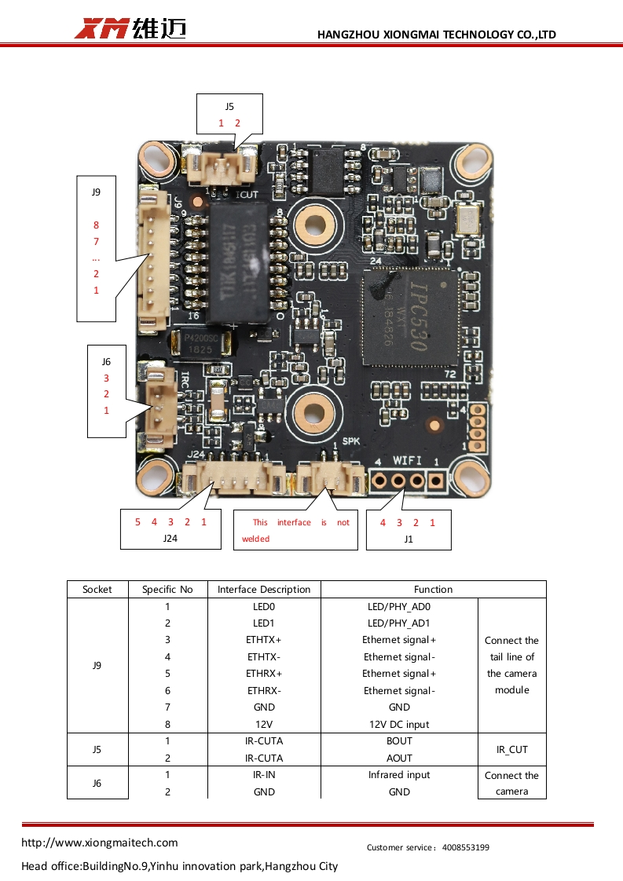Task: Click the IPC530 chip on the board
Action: (x=409, y=316)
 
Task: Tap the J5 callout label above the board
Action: (x=229, y=106)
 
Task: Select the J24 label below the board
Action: (x=171, y=539)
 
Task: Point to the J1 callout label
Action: (x=409, y=539)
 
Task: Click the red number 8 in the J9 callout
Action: (x=96, y=225)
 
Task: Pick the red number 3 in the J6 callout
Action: (x=106, y=378)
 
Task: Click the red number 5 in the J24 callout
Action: (x=137, y=522)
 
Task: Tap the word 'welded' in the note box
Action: (x=255, y=539)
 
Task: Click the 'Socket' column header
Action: (x=97, y=590)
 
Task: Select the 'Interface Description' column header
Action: (x=264, y=590)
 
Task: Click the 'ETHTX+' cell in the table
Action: (x=264, y=640)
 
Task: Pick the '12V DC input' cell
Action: (x=399, y=724)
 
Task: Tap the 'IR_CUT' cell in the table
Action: (x=511, y=750)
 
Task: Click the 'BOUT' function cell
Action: (x=399, y=741)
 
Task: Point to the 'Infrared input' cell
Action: (x=399, y=775)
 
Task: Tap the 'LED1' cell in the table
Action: (x=264, y=623)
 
